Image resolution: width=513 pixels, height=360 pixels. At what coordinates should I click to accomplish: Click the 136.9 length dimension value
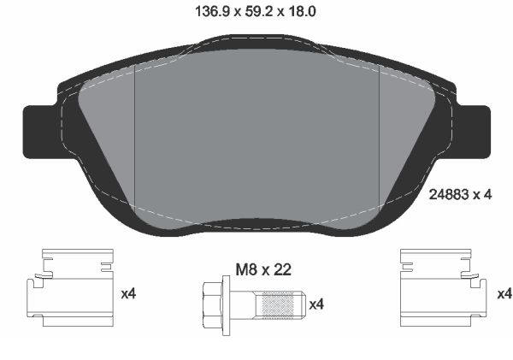pyautogui.click(x=211, y=12)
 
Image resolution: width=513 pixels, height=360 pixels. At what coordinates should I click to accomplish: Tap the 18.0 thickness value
pyautogui.click(x=302, y=12)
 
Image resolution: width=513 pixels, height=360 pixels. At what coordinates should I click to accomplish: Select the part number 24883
pyautogui.click(x=449, y=195)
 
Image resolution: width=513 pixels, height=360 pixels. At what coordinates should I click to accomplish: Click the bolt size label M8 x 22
pyautogui.click(x=263, y=270)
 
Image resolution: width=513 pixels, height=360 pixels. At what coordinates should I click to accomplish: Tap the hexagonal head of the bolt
pyautogui.click(x=212, y=304)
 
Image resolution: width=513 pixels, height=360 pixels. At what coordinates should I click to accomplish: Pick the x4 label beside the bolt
pyautogui.click(x=316, y=304)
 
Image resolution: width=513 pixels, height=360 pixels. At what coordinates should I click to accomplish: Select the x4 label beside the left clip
pyautogui.click(x=128, y=294)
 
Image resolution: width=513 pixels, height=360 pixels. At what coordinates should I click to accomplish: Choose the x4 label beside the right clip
pyautogui.click(x=504, y=294)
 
